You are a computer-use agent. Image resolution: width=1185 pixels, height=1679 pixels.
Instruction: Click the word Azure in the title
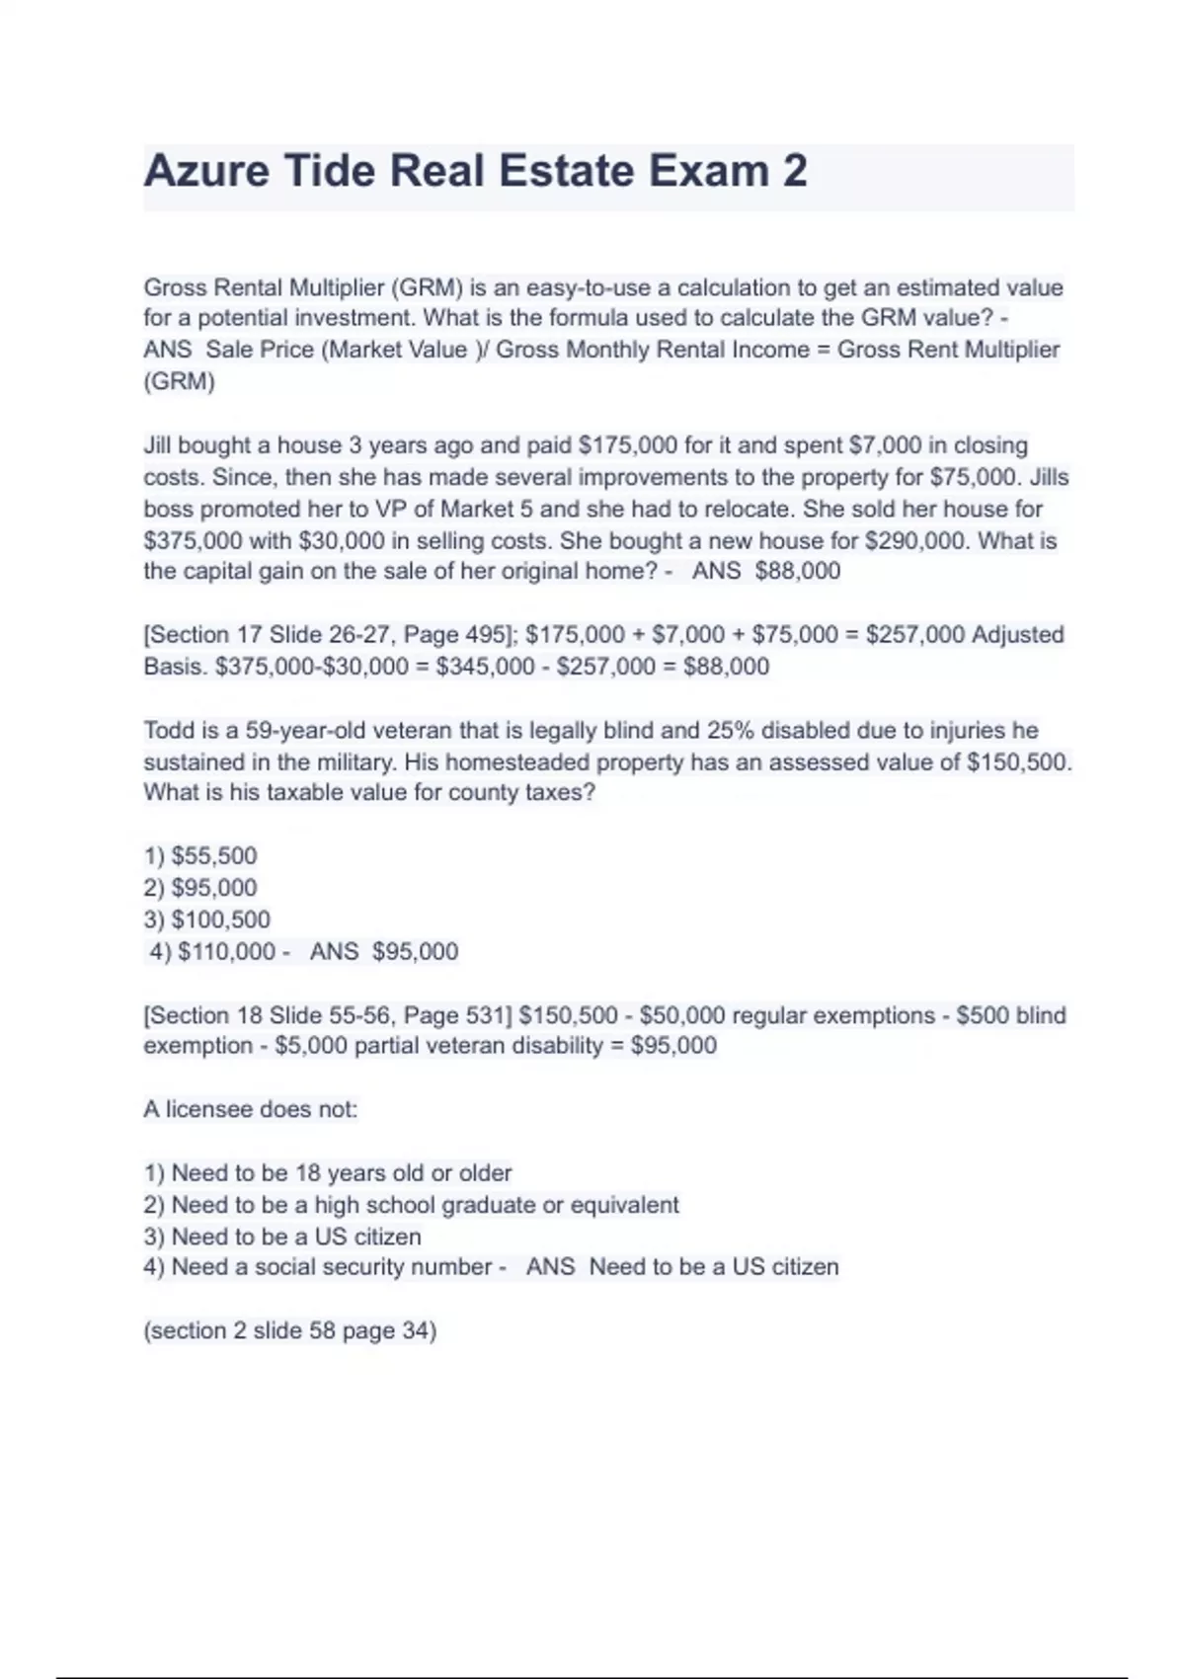205,171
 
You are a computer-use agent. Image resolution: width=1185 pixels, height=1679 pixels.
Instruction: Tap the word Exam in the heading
708,171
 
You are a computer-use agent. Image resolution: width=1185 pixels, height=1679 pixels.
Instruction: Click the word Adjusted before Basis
1017,635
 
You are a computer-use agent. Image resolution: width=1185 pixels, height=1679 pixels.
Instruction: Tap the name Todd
169,731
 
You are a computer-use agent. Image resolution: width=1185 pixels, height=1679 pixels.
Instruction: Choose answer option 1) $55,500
200,856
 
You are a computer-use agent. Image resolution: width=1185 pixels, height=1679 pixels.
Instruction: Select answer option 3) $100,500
206,919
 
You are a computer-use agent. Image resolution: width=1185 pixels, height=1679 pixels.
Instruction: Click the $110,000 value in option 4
226,952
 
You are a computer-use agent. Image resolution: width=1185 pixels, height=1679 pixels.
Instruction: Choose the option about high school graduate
411,1205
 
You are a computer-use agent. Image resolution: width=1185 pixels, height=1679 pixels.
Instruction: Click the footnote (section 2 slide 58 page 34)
289,1331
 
